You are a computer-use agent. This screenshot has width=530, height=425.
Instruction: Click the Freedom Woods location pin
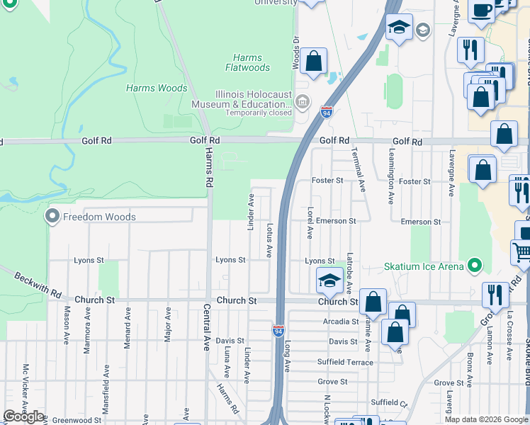52,216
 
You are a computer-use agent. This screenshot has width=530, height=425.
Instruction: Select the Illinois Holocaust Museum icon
303,104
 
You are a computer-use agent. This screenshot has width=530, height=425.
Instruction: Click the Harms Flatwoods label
247,63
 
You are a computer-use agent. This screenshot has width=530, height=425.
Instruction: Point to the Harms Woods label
157,89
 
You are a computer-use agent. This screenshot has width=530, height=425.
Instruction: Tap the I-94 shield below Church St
278,329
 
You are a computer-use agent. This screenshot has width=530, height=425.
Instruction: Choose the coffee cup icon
482,10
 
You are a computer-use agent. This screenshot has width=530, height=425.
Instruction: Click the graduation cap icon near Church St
329,281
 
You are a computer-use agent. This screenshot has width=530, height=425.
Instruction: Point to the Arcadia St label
339,322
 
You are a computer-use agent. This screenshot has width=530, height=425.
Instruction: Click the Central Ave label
206,328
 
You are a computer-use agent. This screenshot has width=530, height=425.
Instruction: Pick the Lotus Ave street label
269,241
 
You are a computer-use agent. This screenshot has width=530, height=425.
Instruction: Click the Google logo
23,416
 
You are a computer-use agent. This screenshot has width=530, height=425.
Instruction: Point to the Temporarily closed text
259,113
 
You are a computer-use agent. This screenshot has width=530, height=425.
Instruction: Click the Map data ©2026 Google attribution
485,419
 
